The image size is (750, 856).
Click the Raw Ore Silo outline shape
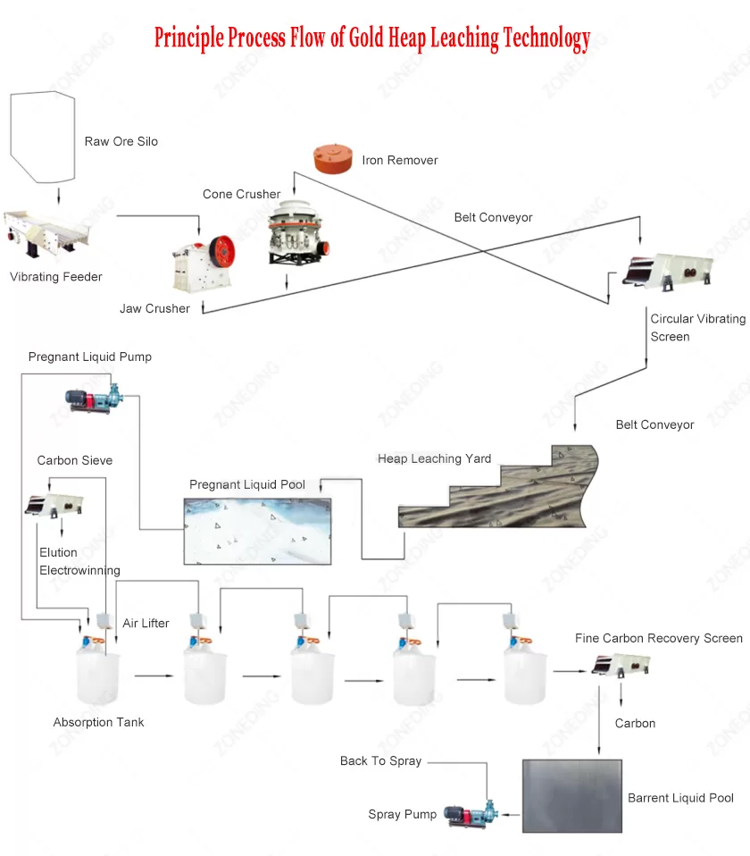(40, 134)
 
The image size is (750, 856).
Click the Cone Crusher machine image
(293, 231)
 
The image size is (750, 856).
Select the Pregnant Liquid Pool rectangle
(257, 531)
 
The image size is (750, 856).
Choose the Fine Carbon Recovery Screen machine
(621, 665)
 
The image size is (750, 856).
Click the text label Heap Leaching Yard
(434, 459)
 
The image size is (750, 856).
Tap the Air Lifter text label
(146, 623)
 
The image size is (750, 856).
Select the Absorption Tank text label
(98, 722)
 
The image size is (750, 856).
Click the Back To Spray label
(380, 761)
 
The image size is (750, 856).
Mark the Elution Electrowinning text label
(79, 561)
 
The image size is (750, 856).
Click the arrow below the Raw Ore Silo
(58, 197)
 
